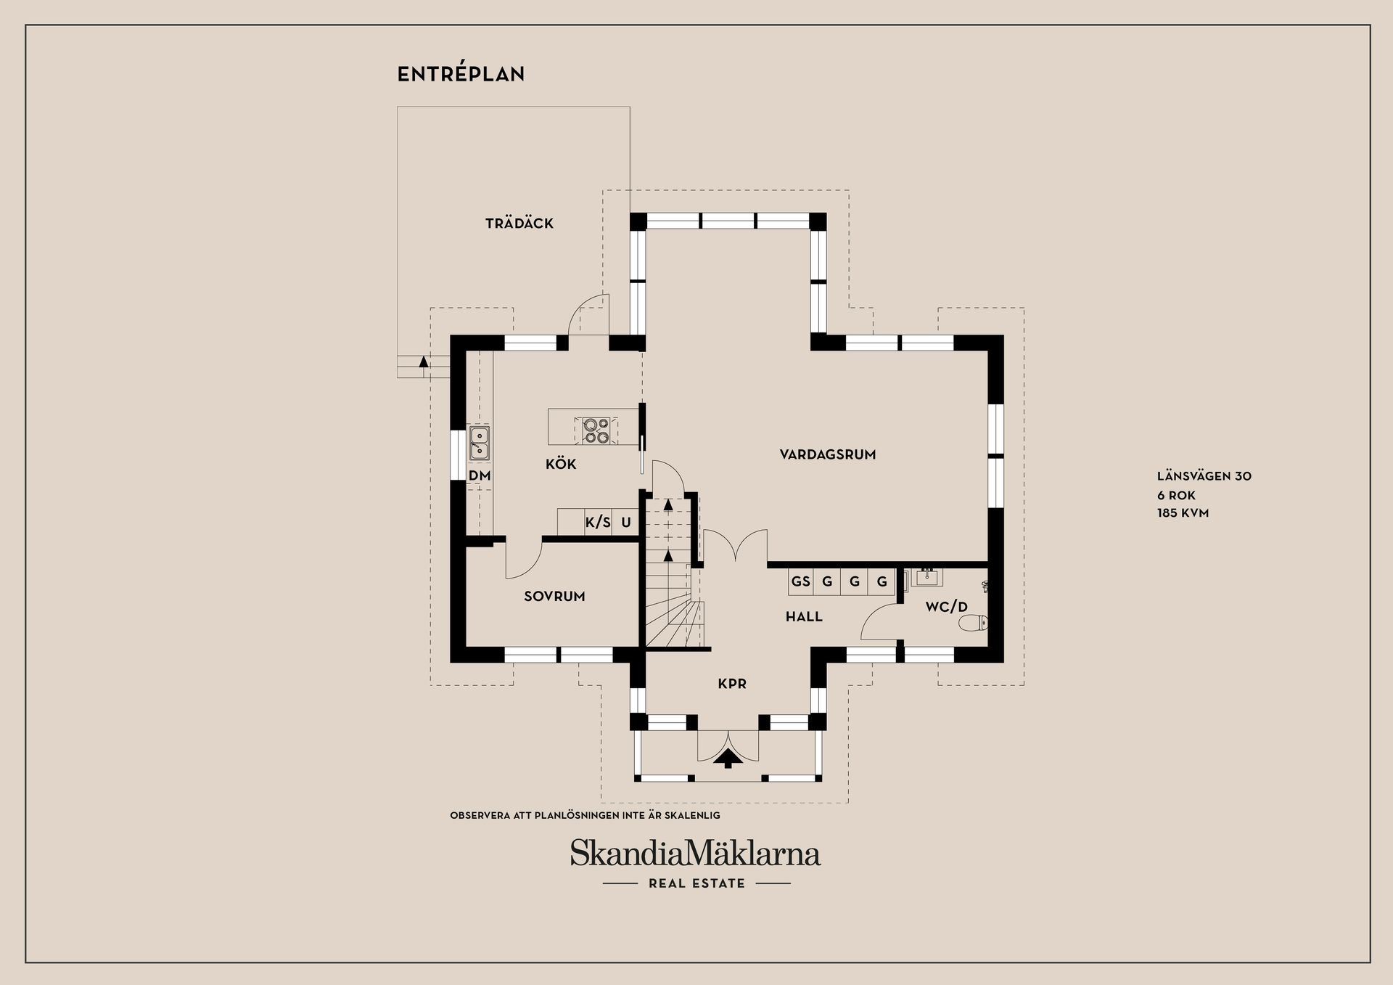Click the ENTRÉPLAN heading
pos(461,74)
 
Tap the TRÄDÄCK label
pos(519,224)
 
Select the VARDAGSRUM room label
pos(828,455)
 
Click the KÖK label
pos(561,464)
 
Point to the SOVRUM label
pos(554,597)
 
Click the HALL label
pos(804,617)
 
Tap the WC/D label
pos(946,607)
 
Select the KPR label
pos(732,684)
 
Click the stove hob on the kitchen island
pos(596,430)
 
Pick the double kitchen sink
pos(479,443)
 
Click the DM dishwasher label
pos(480,476)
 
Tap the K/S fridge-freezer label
pos(598,523)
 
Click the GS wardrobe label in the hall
pos(800,581)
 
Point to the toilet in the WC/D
pos(973,623)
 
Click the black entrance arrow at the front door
pos(728,759)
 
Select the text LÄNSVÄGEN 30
pos(1204,477)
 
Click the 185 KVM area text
pos(1183,513)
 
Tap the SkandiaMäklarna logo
pos(695,854)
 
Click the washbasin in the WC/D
pos(926,578)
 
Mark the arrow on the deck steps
pos(424,360)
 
